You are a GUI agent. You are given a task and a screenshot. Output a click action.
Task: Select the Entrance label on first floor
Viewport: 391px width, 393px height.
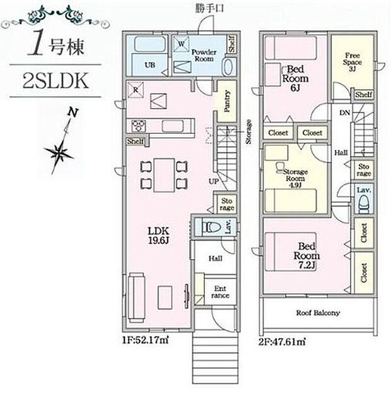tap(220, 291)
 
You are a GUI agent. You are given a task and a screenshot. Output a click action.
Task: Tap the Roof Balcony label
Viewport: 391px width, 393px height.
tap(318, 313)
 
